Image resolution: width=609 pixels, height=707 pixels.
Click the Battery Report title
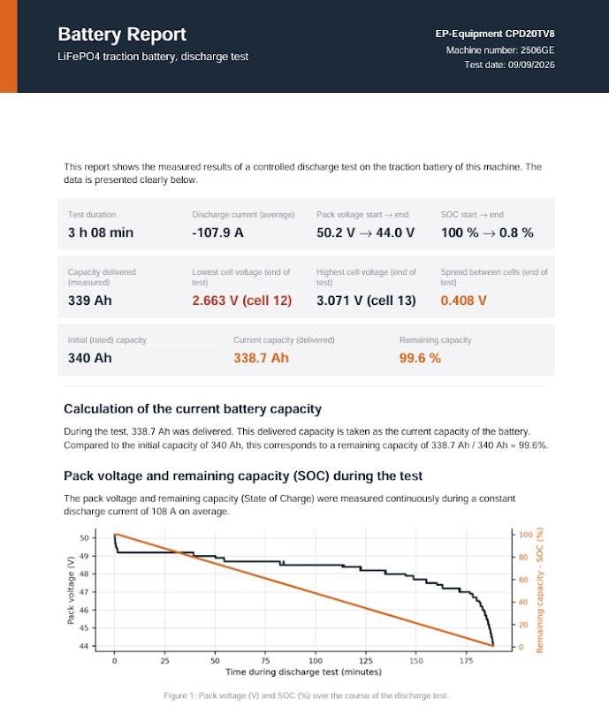point(122,34)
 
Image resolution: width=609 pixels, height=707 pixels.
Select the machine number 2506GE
point(537,50)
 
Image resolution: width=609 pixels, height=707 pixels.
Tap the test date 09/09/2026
point(531,65)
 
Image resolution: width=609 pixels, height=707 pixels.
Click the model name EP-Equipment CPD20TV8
point(495,34)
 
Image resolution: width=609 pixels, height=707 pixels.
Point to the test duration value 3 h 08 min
point(101,232)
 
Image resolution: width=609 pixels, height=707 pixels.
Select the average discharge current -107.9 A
point(217,232)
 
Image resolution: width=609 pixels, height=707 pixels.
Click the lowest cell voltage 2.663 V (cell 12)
point(242,300)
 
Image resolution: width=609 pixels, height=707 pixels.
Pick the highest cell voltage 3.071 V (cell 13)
point(366,300)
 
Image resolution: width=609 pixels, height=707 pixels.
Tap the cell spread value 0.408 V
point(464,300)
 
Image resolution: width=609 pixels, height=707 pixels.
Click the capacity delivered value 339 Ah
point(90,300)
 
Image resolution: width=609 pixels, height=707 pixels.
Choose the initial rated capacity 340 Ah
point(90,358)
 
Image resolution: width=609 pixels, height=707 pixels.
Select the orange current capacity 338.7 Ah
point(262,358)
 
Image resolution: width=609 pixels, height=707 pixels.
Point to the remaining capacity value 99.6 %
point(420,358)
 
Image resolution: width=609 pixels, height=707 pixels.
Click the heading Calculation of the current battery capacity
point(193,409)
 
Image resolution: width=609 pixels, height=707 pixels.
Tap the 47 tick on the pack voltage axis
point(84,592)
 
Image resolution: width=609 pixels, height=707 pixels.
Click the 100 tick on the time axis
point(316,660)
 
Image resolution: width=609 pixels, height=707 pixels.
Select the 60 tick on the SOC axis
point(523,580)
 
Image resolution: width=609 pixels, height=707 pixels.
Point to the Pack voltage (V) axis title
point(71,590)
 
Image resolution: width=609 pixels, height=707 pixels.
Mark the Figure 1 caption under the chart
point(306,696)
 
